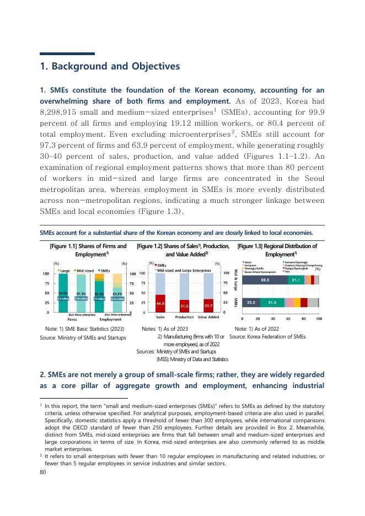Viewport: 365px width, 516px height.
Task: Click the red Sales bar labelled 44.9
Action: point(161,303)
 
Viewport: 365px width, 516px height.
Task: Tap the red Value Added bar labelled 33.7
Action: point(208,305)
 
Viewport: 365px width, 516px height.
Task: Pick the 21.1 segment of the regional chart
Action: point(296,280)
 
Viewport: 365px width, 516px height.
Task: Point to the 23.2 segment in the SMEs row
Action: point(251,302)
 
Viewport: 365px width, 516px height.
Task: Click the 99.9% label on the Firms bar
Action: point(63,293)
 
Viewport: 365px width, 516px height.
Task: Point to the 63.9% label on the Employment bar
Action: point(117,294)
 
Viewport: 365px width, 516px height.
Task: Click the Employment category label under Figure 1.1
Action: point(110,319)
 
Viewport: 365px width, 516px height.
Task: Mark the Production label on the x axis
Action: point(184,318)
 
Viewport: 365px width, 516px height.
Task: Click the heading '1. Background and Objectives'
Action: point(110,67)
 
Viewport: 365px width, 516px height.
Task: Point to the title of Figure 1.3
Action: point(277,250)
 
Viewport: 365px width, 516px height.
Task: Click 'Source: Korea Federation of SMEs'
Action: point(267,336)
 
